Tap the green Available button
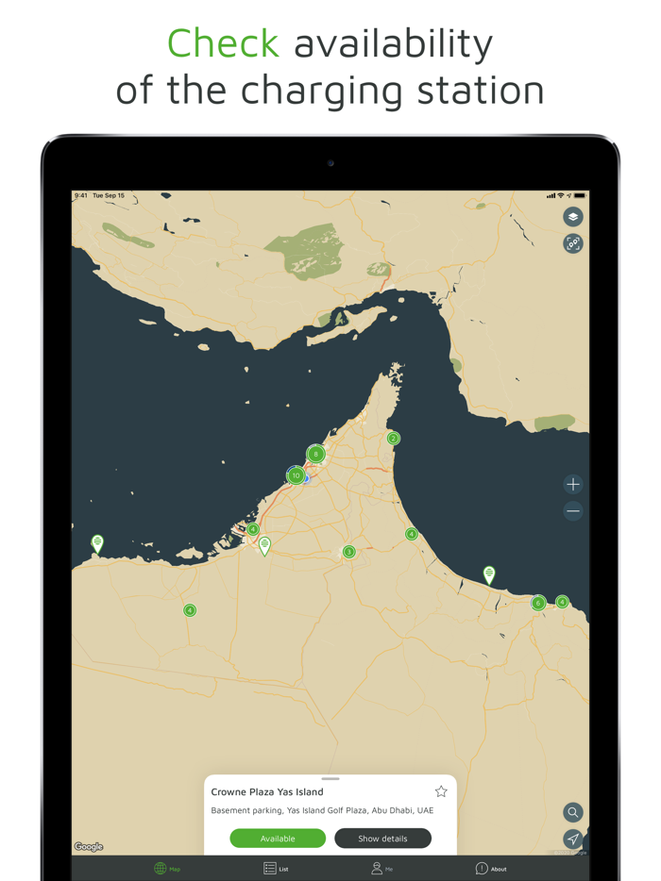pyautogui.click(x=278, y=839)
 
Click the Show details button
pyautogui.click(x=382, y=839)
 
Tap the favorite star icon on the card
pyautogui.click(x=441, y=791)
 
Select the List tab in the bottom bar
pyautogui.click(x=276, y=868)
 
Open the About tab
pyautogui.click(x=491, y=868)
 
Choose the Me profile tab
pyautogui.click(x=381, y=868)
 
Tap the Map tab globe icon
pyautogui.click(x=161, y=868)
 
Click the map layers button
pyautogui.click(x=573, y=217)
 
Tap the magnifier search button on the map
pyautogui.click(x=573, y=812)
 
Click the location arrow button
pyautogui.click(x=573, y=839)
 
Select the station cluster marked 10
pyautogui.click(x=296, y=475)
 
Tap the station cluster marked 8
pyautogui.click(x=316, y=455)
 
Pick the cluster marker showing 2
pyautogui.click(x=394, y=439)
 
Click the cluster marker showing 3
pyautogui.click(x=348, y=552)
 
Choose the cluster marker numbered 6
pyautogui.click(x=538, y=604)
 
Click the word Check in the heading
pyautogui.click(x=223, y=43)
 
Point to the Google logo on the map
pyautogui.click(x=89, y=847)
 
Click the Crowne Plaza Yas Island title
pyautogui.click(x=267, y=792)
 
